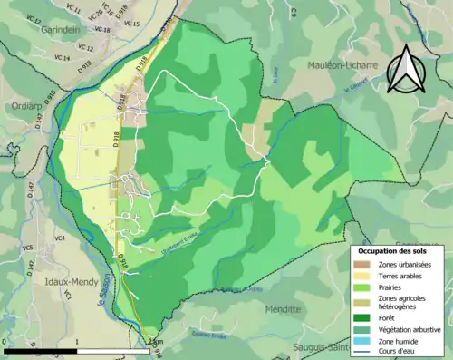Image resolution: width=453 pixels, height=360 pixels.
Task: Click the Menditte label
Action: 283,308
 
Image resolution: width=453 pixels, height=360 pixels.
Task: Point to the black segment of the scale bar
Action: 41,350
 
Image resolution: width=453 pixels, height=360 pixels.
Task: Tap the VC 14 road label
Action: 62,58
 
